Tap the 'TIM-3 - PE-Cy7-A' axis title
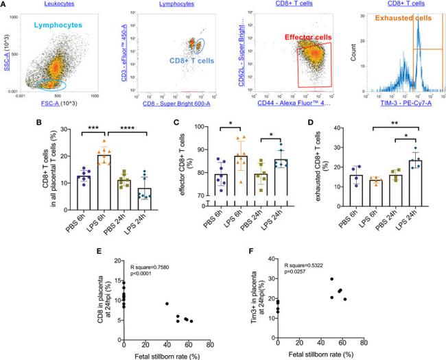pos(398,102)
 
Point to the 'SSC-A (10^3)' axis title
pos(8,50)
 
